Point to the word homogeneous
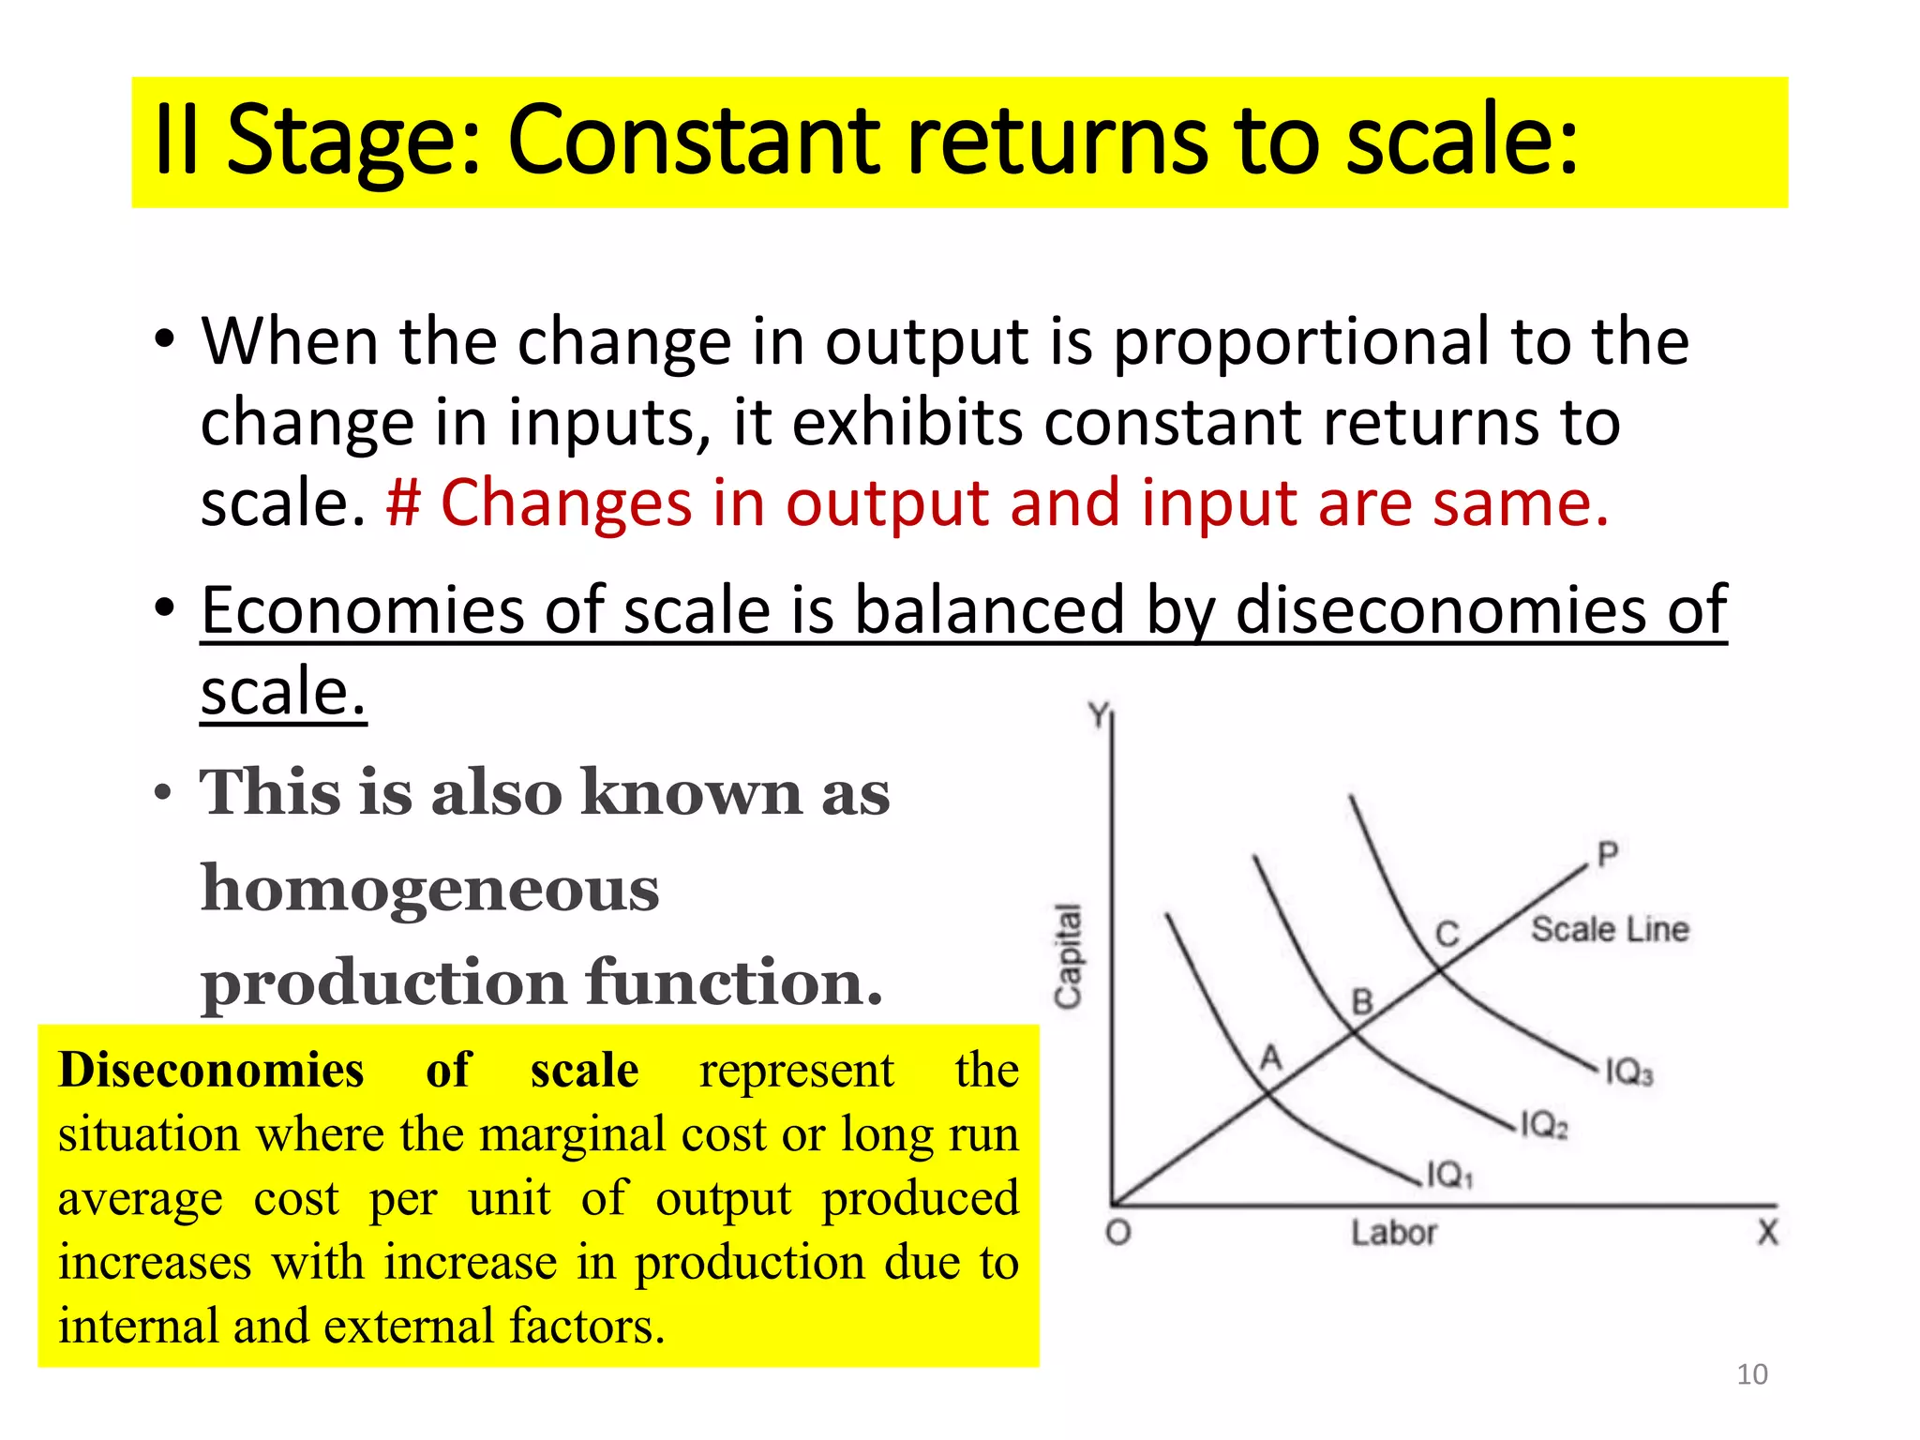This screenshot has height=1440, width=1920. (429, 888)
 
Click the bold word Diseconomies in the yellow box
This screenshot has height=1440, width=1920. (211, 1071)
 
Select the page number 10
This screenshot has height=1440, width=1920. (1751, 1374)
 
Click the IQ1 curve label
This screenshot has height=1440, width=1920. (1449, 1175)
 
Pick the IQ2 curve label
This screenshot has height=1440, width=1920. (1543, 1124)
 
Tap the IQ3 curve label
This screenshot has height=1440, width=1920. (1629, 1072)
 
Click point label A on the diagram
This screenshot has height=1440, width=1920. (1270, 1058)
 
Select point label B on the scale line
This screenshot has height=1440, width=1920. (1362, 1002)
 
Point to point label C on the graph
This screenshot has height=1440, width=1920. (1447, 934)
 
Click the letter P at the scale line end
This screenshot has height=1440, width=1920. (1607, 854)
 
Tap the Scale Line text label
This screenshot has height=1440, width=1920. (1610, 929)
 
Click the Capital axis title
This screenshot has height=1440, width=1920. (1068, 956)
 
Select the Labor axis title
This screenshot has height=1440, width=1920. (1393, 1233)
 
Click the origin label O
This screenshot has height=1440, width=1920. (1118, 1232)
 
